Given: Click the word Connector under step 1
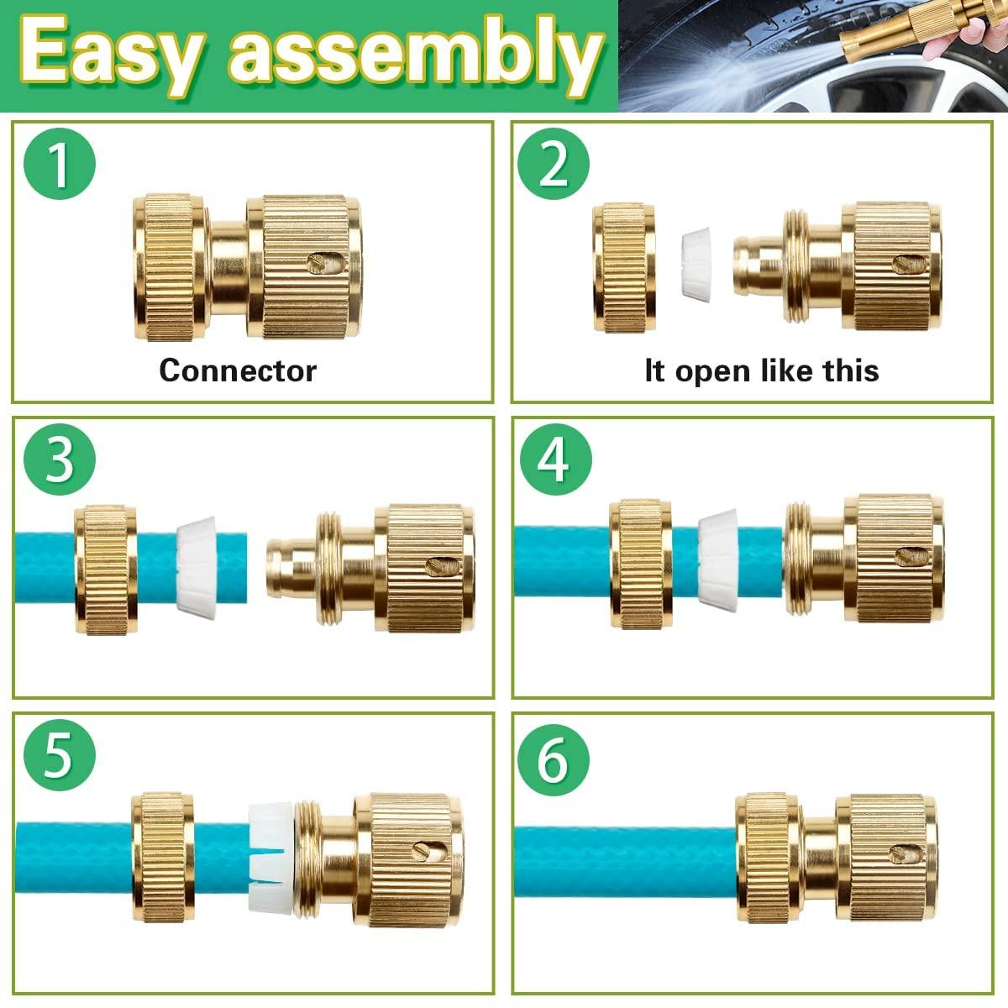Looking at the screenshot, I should pos(238,370).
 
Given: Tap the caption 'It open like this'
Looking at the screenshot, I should pos(761,370).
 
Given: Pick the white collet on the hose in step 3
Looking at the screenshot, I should pos(197,568).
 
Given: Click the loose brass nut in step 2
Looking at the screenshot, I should pos(624,266).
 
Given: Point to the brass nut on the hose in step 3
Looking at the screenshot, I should pos(105,570).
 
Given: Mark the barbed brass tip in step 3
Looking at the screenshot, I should pos(290,568).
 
